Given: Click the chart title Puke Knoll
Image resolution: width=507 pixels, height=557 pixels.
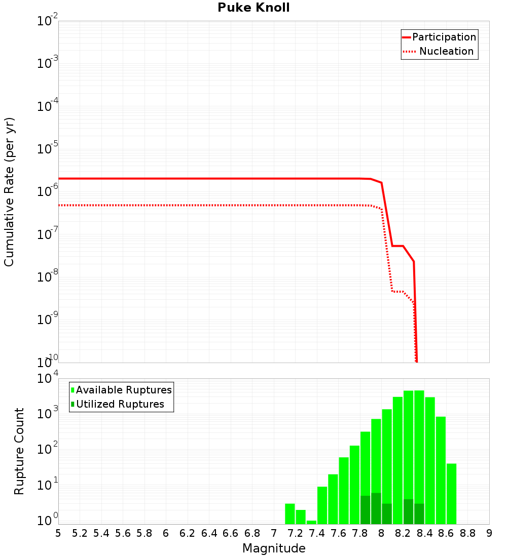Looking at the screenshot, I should tap(253, 8).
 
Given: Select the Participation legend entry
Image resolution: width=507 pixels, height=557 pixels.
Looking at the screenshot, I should tap(444, 37).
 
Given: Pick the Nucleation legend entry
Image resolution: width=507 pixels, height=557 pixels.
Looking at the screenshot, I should tap(446, 51).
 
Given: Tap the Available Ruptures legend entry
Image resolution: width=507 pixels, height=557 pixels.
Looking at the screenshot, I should tap(124, 390).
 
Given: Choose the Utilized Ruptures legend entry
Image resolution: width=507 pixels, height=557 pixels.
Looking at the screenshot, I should tap(120, 404).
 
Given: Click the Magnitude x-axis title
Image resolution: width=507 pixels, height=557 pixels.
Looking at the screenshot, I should tap(274, 548).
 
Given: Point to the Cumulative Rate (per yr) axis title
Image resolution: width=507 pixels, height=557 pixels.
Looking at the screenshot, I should tap(9, 191).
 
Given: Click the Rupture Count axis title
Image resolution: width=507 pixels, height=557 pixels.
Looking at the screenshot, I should tap(19, 451).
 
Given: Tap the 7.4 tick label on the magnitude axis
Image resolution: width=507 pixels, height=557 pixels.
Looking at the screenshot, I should tap(317, 533).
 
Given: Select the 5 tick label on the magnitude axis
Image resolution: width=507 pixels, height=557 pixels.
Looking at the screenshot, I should tap(58, 533).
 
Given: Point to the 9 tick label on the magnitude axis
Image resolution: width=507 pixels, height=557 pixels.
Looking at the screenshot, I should tap(489, 533).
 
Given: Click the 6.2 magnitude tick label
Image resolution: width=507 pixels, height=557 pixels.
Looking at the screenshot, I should tap(188, 533).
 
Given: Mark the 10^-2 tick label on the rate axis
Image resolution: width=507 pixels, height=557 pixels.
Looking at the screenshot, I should tap(47, 22).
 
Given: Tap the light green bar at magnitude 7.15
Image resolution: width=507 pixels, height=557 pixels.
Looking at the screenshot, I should tap(290, 513).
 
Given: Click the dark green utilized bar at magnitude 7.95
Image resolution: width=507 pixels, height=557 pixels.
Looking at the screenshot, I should tap(376, 508).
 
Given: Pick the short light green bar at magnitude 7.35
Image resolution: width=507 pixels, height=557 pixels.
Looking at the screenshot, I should tap(311, 522).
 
